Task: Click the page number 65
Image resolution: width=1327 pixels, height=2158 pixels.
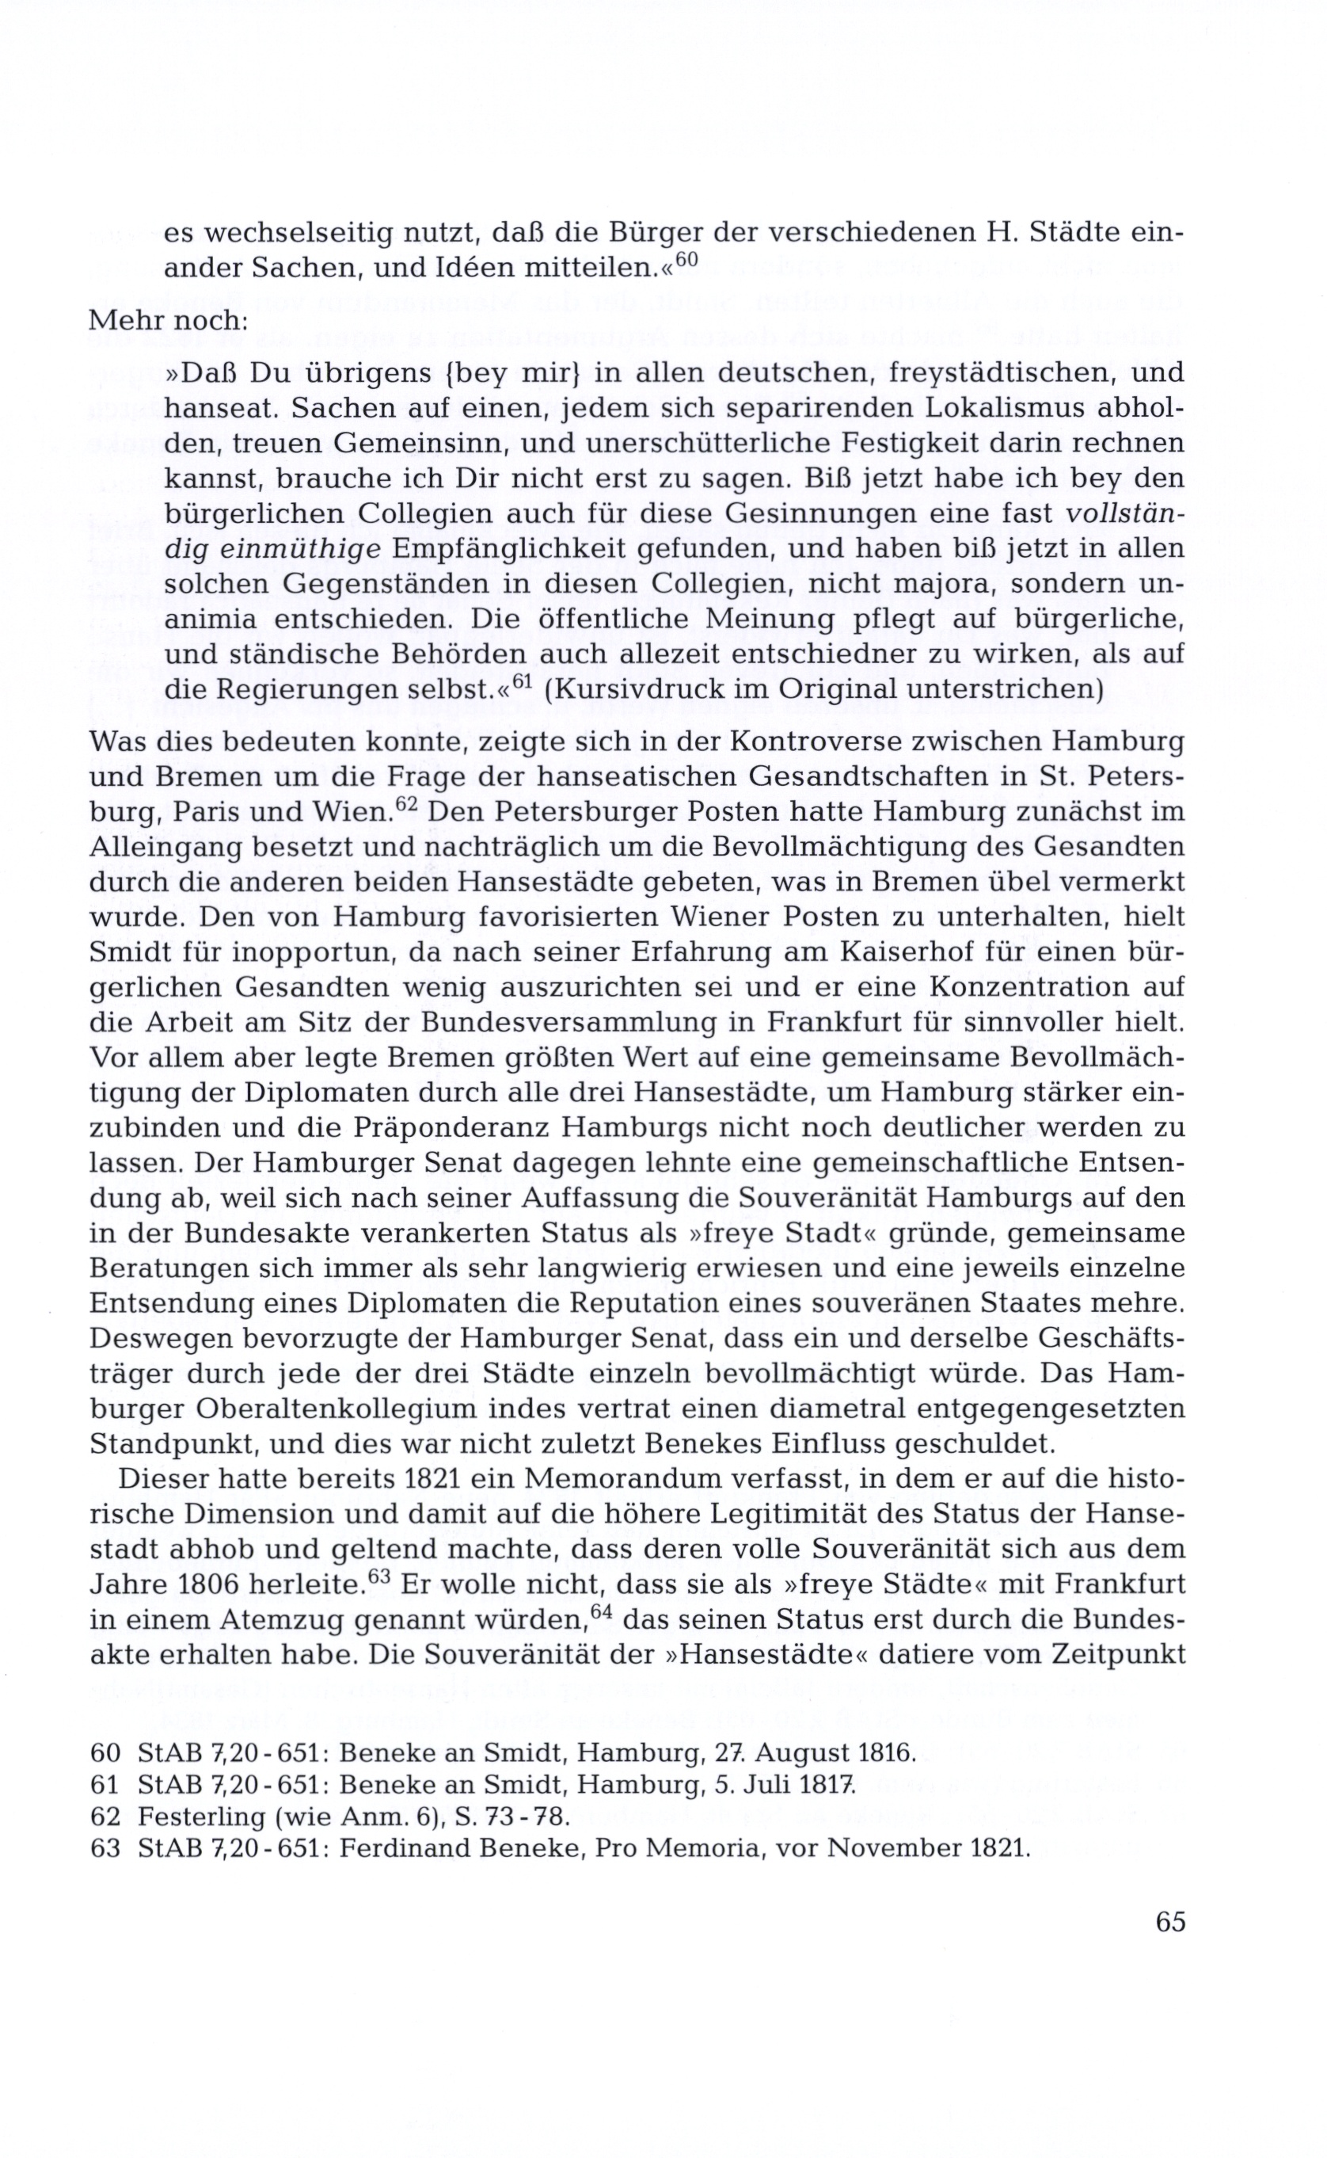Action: click(1170, 1922)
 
